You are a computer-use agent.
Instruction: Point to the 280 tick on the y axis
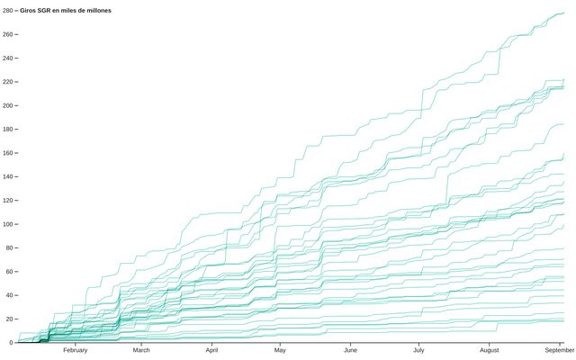(7, 11)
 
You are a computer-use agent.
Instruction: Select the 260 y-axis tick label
(7, 34)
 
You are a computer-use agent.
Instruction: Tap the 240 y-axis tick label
(7, 58)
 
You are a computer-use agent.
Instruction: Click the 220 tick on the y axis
(7, 82)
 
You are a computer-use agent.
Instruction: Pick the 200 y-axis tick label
(7, 105)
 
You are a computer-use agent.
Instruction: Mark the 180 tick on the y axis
(7, 130)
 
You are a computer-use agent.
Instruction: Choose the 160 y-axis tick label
(7, 153)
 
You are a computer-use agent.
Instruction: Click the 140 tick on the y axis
(7, 176)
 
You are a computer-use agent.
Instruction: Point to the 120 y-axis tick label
(7, 201)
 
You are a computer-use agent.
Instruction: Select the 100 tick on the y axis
(7, 224)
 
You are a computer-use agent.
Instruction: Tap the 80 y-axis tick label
(9, 247)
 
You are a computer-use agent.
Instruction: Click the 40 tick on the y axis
(9, 295)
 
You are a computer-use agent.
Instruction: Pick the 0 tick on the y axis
(11, 343)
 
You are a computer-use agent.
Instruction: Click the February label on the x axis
(75, 351)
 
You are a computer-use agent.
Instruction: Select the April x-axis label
(211, 351)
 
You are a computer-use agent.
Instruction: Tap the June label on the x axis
(350, 351)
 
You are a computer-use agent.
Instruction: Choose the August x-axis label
(490, 351)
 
